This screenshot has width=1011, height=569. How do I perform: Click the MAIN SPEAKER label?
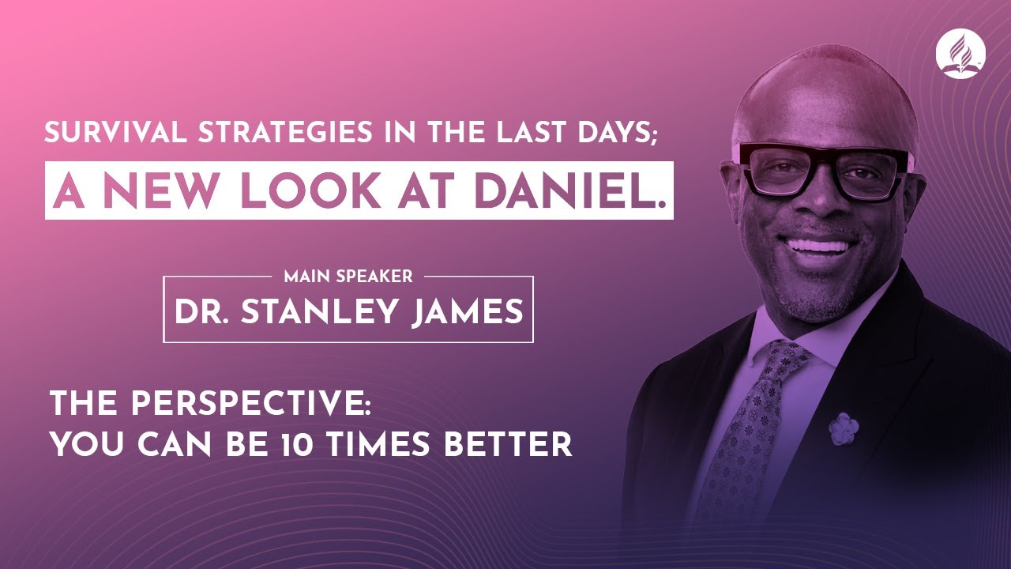click(x=348, y=277)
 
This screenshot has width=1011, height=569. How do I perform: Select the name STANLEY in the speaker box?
click(x=324, y=311)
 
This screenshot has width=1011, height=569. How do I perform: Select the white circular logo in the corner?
click(x=960, y=53)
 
